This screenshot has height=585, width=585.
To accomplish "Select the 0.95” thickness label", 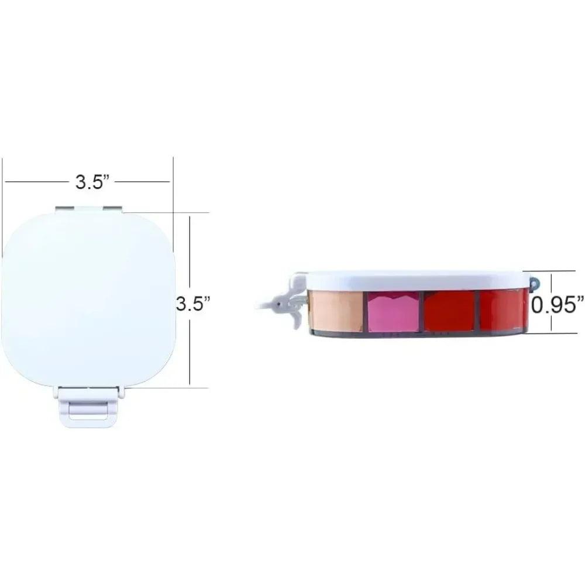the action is tap(558, 305).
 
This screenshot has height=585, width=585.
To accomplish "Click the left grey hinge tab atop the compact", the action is tap(65, 209).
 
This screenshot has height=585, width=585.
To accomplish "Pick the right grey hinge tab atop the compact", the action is tap(113, 209).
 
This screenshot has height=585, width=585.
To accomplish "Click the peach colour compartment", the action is tap(335, 311).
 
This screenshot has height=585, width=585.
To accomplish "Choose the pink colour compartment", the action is tap(393, 311).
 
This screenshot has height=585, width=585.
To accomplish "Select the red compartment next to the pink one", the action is tap(449, 311).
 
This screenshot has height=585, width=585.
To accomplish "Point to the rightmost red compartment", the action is tap(504, 309).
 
